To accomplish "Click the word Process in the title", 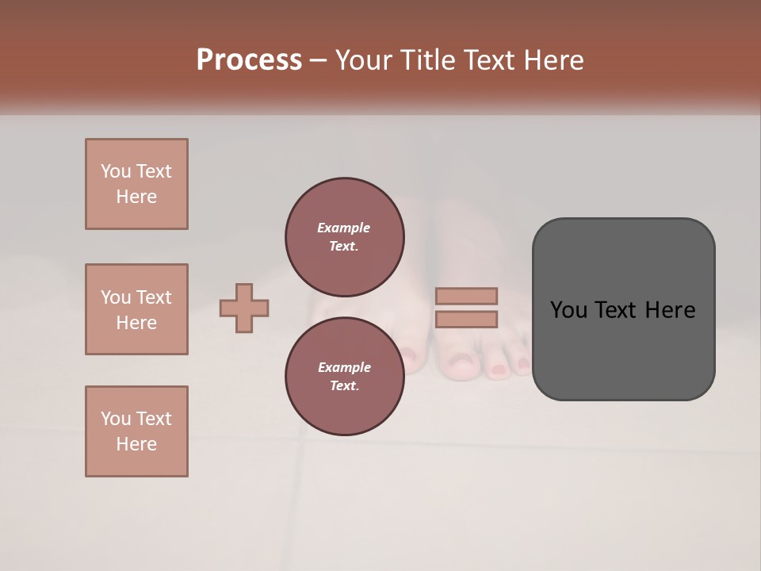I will pos(249,60).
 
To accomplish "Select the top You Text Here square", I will pos(136,184).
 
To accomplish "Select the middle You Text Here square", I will pos(136,309).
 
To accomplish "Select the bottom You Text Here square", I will pos(136,431).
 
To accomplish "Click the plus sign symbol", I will pos(244,308).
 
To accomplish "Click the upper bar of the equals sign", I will pos(467,296).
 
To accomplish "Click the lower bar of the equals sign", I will pos(467,320).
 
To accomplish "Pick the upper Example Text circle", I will pos(345,236).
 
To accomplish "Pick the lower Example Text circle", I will pos(345,376).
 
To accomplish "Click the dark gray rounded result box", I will pos(623,309).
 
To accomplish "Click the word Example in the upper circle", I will pos(343,228).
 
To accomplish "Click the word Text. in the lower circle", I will pos(344,385).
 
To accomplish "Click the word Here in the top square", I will pos(136,197).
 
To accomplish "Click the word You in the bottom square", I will pos(116,419).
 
